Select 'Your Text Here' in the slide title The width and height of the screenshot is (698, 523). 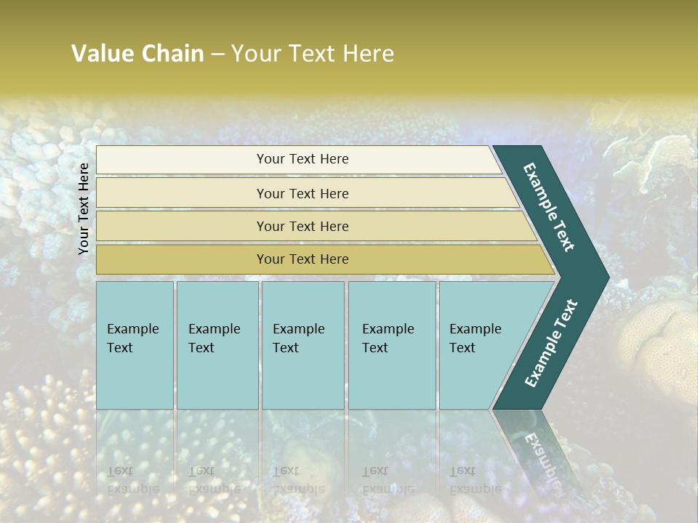click(x=312, y=54)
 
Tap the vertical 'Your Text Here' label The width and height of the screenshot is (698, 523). click(x=84, y=208)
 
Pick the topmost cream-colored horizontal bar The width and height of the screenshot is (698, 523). click(x=302, y=159)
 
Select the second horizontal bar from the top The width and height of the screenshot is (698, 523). click(x=302, y=193)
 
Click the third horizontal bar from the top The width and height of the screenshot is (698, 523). click(x=302, y=226)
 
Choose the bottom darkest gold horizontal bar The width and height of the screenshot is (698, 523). click(x=302, y=259)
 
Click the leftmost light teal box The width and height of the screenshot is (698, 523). click(x=135, y=344)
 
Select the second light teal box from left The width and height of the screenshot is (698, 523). click(x=217, y=344)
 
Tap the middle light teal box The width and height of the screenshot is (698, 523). click(x=302, y=344)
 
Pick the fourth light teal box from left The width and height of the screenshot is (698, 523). click(x=392, y=344)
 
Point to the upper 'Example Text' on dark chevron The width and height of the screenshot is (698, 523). click(x=549, y=207)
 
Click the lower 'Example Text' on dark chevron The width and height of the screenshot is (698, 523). click(x=550, y=344)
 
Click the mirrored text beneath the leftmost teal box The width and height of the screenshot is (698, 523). click(x=133, y=479)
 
